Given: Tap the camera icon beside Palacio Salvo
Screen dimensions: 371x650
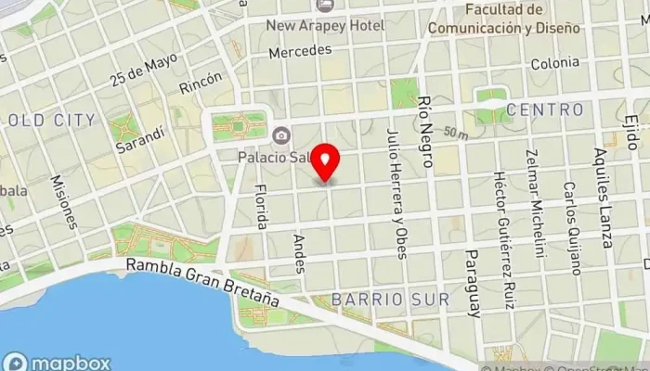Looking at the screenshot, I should (279, 136).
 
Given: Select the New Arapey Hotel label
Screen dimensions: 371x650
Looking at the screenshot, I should (325, 25).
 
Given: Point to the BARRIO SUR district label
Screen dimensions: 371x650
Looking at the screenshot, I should (390, 300).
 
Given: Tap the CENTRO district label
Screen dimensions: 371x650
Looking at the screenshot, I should (546, 110).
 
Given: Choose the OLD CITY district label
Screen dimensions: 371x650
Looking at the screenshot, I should (51, 120).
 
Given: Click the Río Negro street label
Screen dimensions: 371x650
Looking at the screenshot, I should (426, 129).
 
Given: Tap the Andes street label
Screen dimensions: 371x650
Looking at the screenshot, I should (298, 247).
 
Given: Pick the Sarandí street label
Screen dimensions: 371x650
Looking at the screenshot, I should (133, 139).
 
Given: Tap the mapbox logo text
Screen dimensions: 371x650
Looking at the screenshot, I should (70, 363).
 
